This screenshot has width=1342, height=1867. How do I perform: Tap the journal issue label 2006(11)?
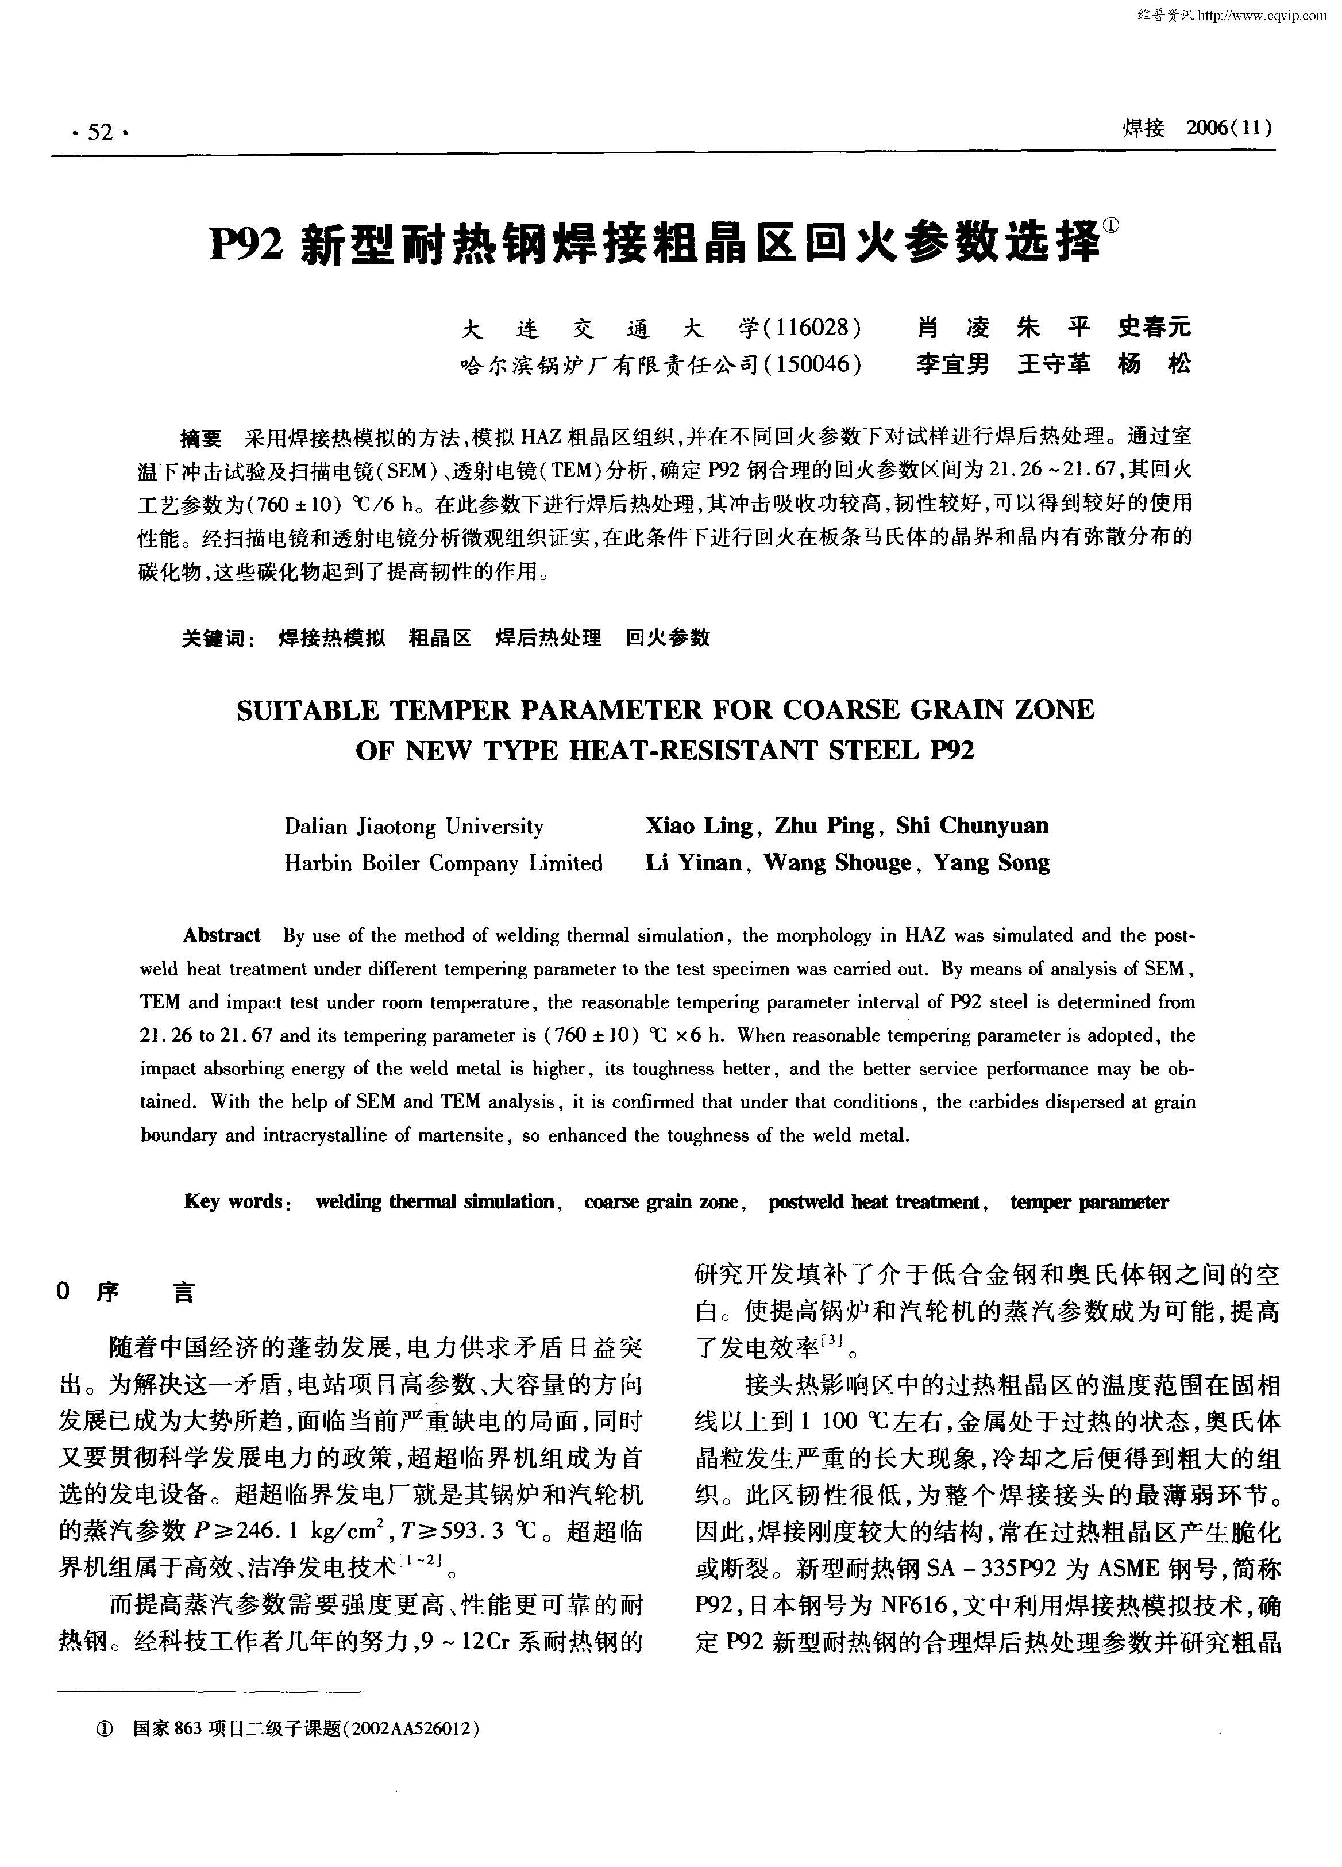1230,128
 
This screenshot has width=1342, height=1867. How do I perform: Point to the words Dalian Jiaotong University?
414,827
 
